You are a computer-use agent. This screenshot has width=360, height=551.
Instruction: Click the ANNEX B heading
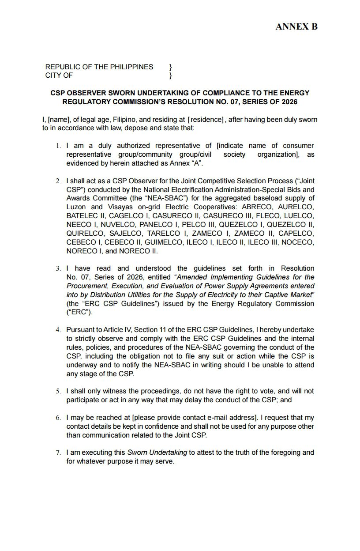pos(296,27)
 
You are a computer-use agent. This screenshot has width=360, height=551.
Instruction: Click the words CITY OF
pos(59,75)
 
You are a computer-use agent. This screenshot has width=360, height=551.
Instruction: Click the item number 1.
pos(58,146)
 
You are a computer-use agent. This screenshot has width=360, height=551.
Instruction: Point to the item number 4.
pos(58,330)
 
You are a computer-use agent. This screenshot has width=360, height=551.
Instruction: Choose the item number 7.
pos(58,453)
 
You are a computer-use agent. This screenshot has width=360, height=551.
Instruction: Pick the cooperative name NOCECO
pos(298,242)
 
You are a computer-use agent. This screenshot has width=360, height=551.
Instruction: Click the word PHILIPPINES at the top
pos(131,67)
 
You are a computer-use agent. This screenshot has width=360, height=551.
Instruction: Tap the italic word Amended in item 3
pos(194,277)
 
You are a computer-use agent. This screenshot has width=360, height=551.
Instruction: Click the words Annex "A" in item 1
pos(188,163)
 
